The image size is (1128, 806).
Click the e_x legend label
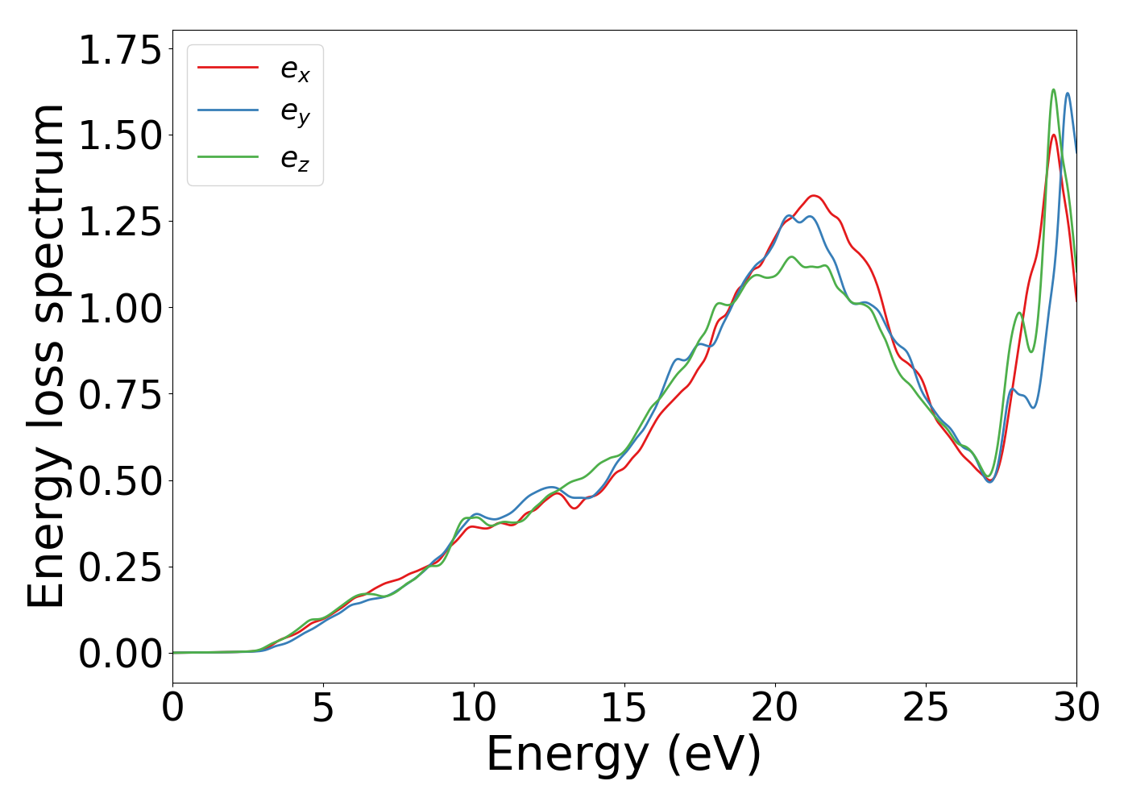pyautogui.click(x=295, y=70)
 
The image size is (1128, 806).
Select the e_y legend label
pyautogui.click(x=295, y=114)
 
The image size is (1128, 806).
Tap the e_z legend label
pyautogui.click(x=295, y=159)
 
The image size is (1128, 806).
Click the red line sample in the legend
pyautogui.click(x=228, y=68)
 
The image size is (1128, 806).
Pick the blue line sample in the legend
pyautogui.click(x=228, y=111)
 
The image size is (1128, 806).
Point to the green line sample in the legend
pyautogui.click(x=228, y=156)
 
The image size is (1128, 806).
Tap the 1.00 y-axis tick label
pyautogui.click(x=120, y=308)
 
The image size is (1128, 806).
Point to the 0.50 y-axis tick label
pyautogui.click(x=120, y=480)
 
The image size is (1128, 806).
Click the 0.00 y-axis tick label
pyautogui.click(x=120, y=654)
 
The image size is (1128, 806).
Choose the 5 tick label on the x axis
pyautogui.click(x=323, y=708)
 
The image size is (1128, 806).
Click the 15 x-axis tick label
pyautogui.click(x=624, y=708)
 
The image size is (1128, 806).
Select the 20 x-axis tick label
pyautogui.click(x=775, y=708)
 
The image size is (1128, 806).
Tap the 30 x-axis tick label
pyautogui.click(x=1076, y=708)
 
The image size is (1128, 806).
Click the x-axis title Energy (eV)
pyautogui.click(x=624, y=754)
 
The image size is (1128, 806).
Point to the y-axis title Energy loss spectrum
pyautogui.click(x=46, y=355)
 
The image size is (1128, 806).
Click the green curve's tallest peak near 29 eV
pyautogui.click(x=1053, y=89)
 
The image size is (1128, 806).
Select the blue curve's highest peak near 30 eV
pyautogui.click(x=1068, y=93)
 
